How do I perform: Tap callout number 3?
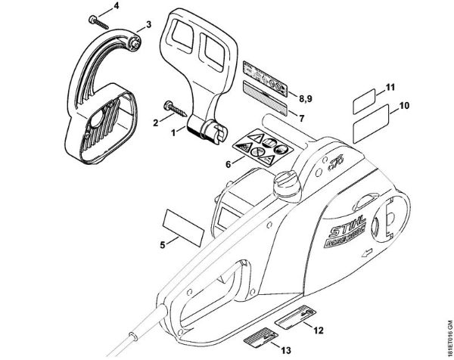coord(148,25)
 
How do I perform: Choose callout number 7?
coord(301,119)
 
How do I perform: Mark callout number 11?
coord(390,89)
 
